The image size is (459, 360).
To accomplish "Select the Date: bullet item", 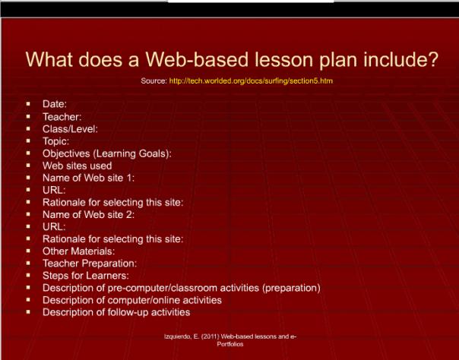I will [55, 104].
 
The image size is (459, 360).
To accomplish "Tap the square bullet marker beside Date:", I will [27, 104].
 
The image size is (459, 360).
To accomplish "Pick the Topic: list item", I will [56, 141].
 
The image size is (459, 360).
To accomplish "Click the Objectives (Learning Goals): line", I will [107, 153].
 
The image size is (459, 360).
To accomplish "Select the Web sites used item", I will [77, 165].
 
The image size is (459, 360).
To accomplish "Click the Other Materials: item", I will [79, 251].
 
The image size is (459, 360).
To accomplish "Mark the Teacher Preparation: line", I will [90, 263].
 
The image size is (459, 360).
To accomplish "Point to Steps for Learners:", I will [85, 275].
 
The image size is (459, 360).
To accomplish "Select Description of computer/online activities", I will [132, 300].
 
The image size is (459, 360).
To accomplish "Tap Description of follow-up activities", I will [116, 312].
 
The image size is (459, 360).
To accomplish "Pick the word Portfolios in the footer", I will [229, 343].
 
